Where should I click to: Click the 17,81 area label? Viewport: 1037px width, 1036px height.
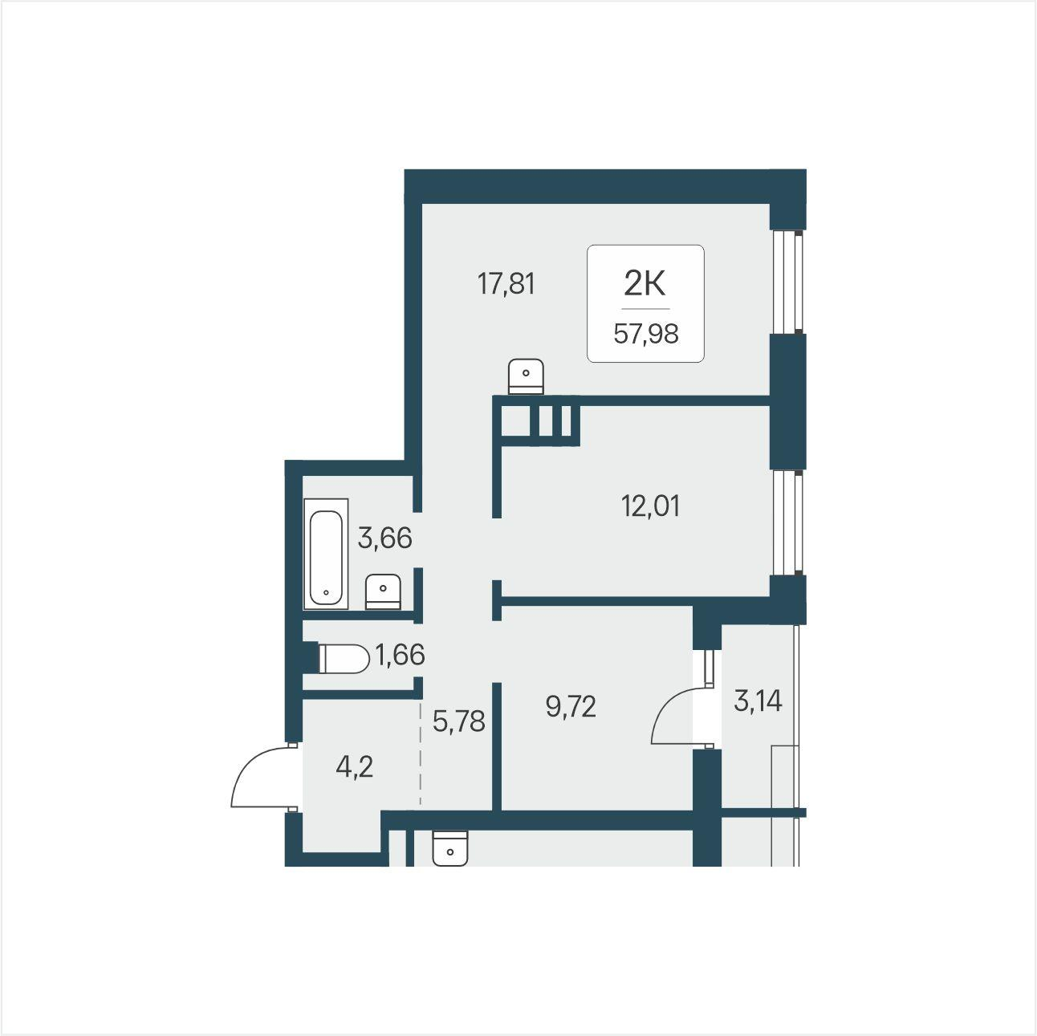(x=506, y=284)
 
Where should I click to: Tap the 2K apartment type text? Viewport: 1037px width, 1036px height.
(x=645, y=284)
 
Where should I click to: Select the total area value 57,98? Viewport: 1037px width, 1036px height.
(x=646, y=334)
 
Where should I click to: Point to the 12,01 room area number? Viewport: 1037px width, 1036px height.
(x=650, y=506)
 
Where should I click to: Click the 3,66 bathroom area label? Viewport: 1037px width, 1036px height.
(x=384, y=538)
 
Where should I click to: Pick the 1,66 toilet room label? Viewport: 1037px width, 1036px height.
(x=400, y=655)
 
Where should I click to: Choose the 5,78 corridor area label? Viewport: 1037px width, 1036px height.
(x=459, y=721)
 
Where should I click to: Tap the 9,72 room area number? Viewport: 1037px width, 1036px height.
(x=571, y=707)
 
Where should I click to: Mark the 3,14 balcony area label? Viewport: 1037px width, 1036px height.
(x=758, y=701)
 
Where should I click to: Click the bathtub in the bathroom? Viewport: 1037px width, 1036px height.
(x=326, y=555)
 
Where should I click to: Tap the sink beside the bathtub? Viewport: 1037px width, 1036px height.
(x=383, y=592)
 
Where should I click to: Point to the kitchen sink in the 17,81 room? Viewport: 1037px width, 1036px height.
(x=526, y=376)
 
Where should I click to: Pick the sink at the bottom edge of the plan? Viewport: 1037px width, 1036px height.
(x=450, y=848)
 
